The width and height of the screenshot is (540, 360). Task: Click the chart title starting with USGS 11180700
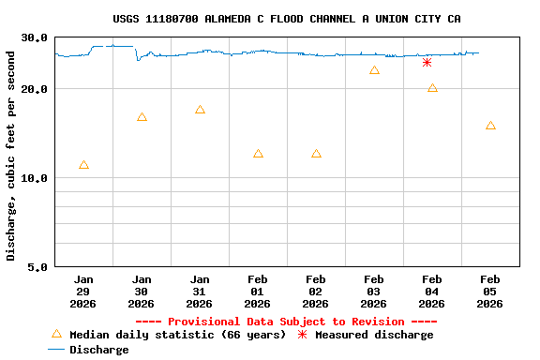click(286, 19)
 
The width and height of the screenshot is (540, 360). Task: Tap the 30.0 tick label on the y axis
click(35, 37)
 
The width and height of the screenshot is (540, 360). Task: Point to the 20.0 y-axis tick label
click(35, 89)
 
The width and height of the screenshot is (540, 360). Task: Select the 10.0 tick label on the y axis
click(35, 178)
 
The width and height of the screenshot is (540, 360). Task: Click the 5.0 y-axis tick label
click(38, 267)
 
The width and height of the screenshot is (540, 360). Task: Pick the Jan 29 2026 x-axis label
click(83, 292)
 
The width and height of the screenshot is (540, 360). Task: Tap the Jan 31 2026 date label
click(200, 292)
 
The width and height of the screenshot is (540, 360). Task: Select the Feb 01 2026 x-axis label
click(258, 292)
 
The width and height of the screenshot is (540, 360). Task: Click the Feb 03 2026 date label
click(374, 292)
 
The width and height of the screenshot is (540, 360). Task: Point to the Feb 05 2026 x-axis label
click(490, 292)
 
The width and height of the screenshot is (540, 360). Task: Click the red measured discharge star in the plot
click(427, 63)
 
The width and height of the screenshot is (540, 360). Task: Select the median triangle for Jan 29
click(83, 165)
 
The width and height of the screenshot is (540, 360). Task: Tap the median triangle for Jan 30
click(142, 117)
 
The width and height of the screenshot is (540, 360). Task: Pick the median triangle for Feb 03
click(374, 70)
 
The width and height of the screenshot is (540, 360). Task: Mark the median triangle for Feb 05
click(490, 126)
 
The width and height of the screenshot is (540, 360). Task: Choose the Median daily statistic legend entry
click(169, 335)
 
